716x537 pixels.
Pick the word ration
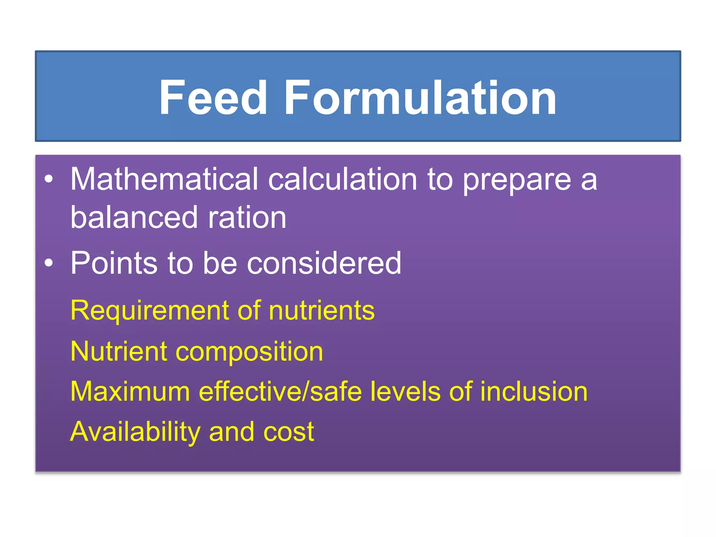pos(247,218)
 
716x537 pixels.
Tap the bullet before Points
pos(49,263)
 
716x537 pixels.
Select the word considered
pos(324,263)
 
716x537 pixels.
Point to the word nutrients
pos(322,310)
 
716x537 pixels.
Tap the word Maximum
pos(130,391)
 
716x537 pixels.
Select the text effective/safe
pos(280,391)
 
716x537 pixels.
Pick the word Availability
pos(135,432)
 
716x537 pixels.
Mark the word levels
pos(405,391)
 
